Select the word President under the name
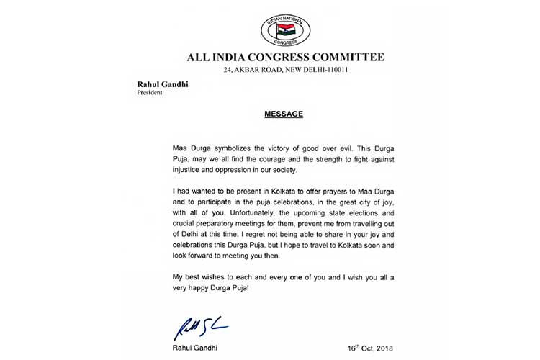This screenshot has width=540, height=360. pos(150,92)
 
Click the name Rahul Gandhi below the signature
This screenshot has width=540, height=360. pos(196,348)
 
